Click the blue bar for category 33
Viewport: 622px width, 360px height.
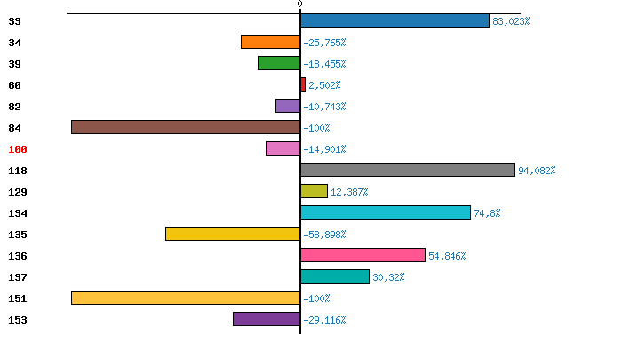(395, 20)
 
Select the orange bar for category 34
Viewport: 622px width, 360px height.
(270, 42)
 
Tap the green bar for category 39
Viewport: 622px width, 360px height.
(279, 63)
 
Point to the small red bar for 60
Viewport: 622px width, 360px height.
(303, 84)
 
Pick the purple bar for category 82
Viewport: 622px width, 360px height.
(288, 106)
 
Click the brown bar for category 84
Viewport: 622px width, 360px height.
(186, 127)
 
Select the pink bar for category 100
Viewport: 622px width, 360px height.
(283, 148)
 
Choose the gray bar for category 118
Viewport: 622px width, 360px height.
(408, 170)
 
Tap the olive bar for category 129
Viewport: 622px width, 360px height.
(314, 191)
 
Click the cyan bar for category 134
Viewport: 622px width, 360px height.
(386, 212)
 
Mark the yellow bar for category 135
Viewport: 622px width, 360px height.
(233, 234)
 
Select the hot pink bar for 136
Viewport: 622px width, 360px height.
(363, 255)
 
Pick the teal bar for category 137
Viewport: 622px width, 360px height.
(335, 276)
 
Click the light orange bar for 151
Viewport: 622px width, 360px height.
(186, 298)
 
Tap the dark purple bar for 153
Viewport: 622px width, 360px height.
(267, 319)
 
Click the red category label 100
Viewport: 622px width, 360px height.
(18, 149)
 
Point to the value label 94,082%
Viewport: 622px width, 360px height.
(537, 171)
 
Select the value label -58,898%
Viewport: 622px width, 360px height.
(324, 235)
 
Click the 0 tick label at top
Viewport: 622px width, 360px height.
(300, 4)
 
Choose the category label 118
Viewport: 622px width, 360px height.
(18, 171)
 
